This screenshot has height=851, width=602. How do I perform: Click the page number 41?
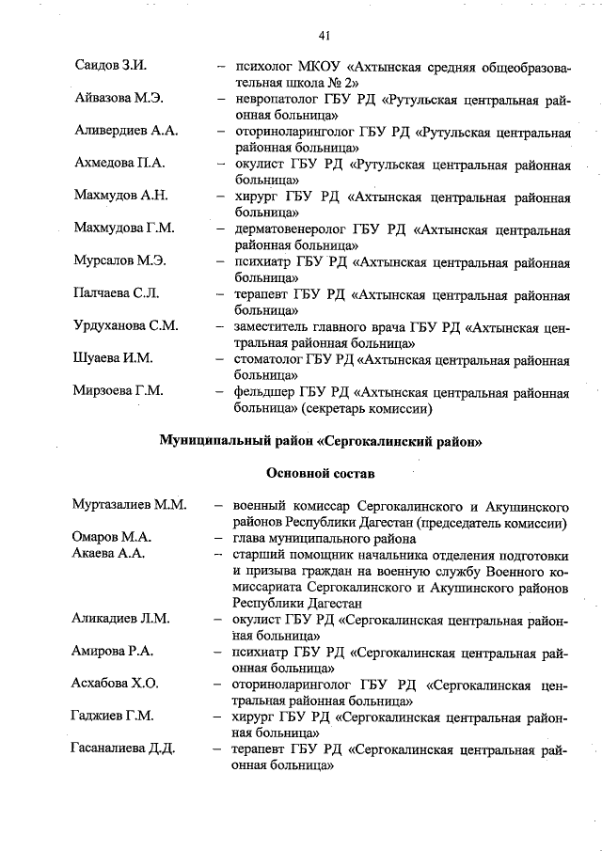(x=324, y=36)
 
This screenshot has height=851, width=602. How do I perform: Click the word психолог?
(x=272, y=67)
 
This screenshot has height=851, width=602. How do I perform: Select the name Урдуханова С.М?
(x=125, y=326)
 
